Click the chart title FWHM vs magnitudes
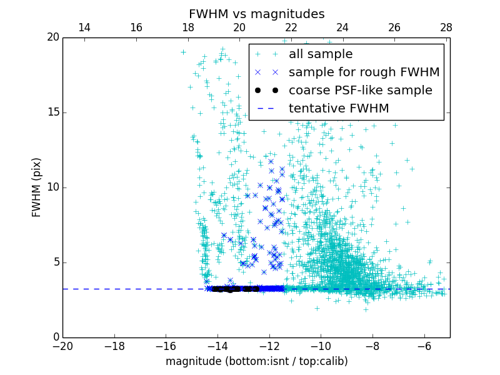256,14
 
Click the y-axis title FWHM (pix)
37,187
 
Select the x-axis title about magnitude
256,361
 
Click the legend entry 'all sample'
320,54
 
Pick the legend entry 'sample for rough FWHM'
364,72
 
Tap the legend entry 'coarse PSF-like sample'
360,91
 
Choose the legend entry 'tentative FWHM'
338,109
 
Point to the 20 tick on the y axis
52,37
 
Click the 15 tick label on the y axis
52,112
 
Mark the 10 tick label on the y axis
52,187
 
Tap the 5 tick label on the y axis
55,262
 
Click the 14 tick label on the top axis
84,27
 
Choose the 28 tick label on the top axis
446,27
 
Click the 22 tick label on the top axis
291,27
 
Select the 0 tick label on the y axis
55,337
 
